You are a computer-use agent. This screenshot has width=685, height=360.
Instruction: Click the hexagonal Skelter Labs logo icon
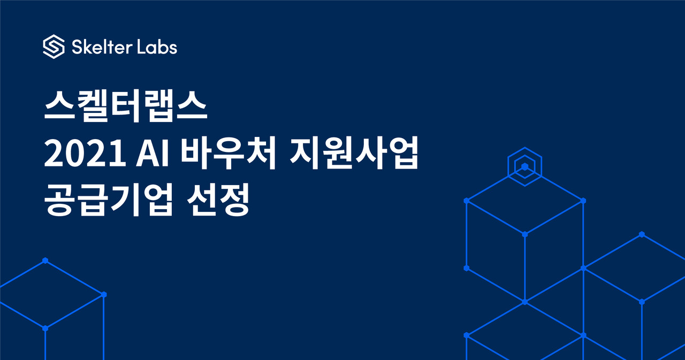coord(54,47)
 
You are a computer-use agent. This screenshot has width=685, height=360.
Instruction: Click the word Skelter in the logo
coord(102,47)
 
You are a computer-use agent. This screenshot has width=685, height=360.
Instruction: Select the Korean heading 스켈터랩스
coord(126,106)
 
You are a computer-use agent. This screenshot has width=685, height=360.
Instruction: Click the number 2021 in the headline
coord(85,153)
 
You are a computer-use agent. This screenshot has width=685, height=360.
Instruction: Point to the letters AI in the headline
coord(153,153)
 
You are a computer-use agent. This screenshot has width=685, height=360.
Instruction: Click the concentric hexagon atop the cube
coord(525,166)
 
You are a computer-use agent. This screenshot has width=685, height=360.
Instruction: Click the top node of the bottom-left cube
coord(45,261)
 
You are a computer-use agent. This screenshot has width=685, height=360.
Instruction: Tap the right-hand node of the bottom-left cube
coord(104,294)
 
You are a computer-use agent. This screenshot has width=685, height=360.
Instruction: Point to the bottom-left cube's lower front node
coord(45,328)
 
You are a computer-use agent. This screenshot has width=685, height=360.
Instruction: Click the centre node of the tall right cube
coord(525,234)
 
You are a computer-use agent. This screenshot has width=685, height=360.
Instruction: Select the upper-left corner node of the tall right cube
coord(466,201)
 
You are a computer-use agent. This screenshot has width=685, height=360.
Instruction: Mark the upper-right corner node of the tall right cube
coord(583,201)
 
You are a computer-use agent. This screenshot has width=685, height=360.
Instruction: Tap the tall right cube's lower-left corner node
coord(466,268)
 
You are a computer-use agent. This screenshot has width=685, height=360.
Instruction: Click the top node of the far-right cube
coord(642,234)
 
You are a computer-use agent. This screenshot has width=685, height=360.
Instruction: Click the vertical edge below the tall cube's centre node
coord(525,268)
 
